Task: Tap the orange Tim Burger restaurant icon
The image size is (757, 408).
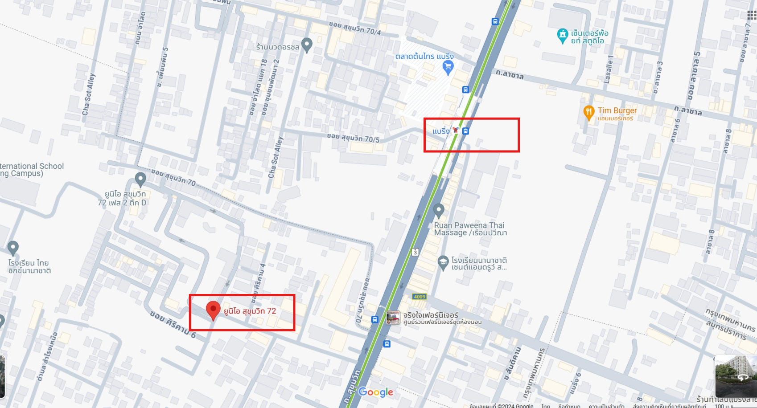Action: [x=588, y=112]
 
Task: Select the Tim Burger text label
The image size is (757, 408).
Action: [x=617, y=110]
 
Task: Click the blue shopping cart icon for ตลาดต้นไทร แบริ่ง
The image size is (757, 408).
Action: [x=448, y=67]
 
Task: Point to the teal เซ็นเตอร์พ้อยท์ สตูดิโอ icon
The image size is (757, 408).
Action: [x=563, y=35]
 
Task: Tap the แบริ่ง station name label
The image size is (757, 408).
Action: [x=441, y=131]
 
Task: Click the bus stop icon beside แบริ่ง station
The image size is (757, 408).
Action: [x=465, y=131]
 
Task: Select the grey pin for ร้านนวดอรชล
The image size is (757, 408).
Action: [x=307, y=45]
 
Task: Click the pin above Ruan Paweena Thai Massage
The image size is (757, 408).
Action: [x=439, y=210]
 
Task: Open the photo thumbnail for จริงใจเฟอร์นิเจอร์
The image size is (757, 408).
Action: [x=393, y=318]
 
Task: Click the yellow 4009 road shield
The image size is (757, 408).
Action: [x=420, y=297]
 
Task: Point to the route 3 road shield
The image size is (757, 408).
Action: [x=416, y=252]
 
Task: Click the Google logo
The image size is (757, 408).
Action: [x=376, y=392]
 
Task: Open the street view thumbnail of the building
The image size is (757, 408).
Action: [x=736, y=376]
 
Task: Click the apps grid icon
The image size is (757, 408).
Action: [x=752, y=15]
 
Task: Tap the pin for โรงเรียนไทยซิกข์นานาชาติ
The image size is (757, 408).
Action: [x=13, y=247]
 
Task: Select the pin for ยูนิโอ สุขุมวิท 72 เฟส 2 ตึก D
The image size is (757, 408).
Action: [x=140, y=179]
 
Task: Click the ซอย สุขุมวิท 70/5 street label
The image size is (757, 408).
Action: [x=353, y=138]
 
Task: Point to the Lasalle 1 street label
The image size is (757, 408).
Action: [x=609, y=69]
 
